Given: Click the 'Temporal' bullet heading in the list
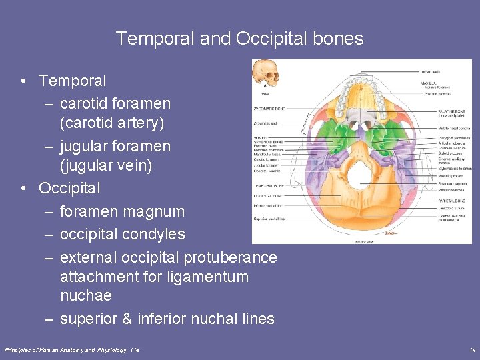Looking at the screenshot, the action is coord(72,81).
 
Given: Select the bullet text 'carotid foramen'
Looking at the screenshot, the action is coord(115,103).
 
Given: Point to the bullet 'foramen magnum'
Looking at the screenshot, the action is coord(122,211).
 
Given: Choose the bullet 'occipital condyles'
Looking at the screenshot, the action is coord(122,235).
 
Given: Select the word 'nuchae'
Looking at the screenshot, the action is coord(85,295).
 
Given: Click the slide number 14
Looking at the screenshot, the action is coord(472,350).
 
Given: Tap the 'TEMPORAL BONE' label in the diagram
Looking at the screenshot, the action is coord(269,185).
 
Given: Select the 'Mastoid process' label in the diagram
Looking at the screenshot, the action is coord(437,176).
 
